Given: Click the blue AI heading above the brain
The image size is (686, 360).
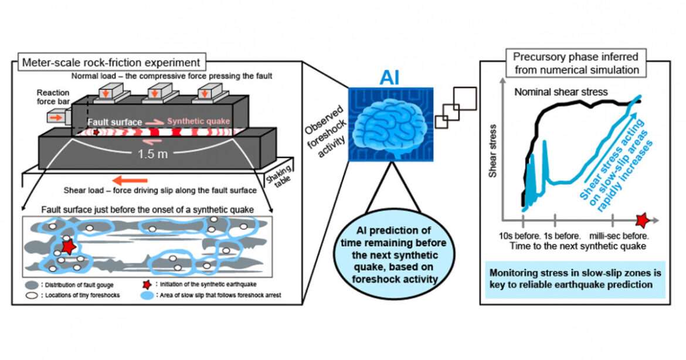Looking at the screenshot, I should tap(390, 76).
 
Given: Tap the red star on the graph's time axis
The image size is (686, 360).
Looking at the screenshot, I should tap(644, 221).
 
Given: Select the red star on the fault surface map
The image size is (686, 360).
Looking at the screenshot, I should tap(68, 247).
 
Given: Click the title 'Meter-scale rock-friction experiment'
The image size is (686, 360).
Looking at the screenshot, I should tap(111, 62).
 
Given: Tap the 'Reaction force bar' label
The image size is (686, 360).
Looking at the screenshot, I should tap(53, 97).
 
